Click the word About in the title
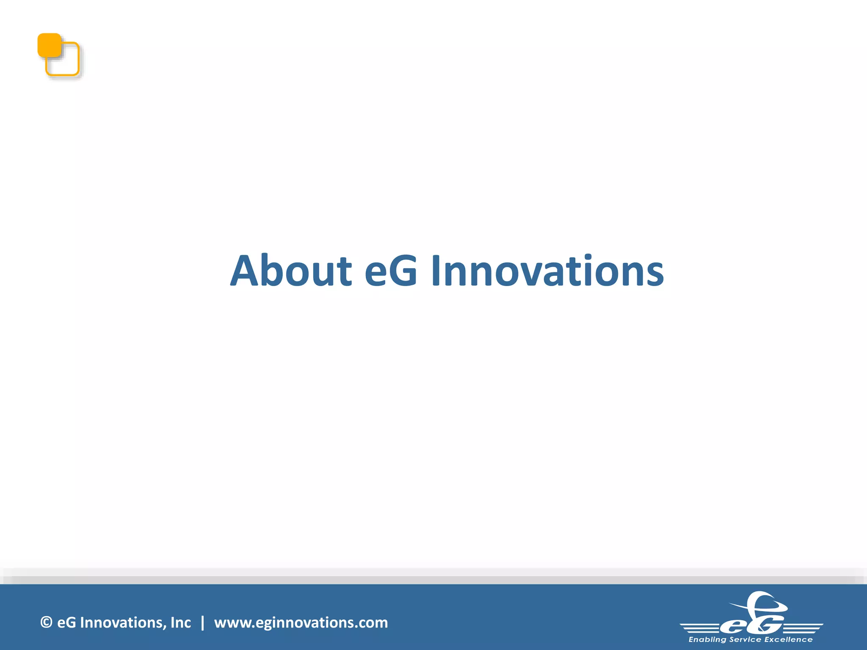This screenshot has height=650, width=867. pos(291,271)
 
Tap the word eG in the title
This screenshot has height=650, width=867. pos(390,271)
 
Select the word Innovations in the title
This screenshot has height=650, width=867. pos(547,271)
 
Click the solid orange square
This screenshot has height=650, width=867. pos(49,45)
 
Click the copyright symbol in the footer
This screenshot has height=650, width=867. pos(46,622)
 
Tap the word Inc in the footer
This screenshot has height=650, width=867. pos(180,622)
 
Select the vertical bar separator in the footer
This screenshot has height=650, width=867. pos(203,622)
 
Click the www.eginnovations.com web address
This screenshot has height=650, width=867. pos(301,622)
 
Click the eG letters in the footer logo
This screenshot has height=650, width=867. pos(751,623)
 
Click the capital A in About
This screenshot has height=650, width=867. pos(244,271)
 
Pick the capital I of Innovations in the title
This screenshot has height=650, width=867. pos(436,271)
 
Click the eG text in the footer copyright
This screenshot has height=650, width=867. pos(66,622)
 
